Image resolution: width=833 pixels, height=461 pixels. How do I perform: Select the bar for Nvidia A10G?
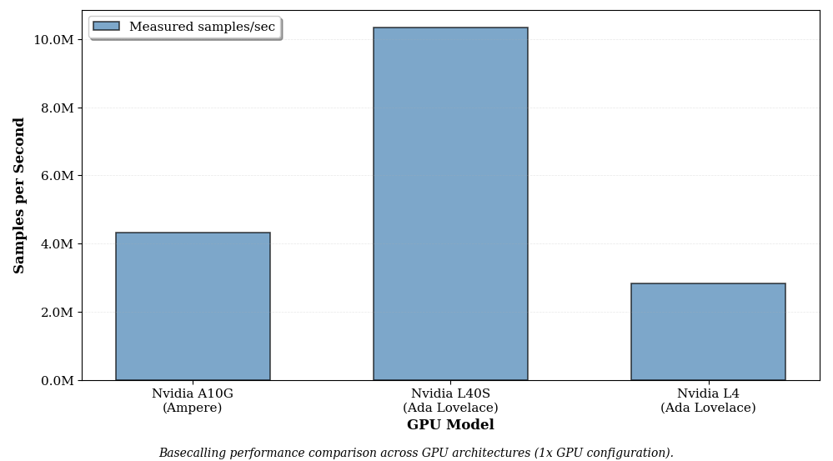[193, 307]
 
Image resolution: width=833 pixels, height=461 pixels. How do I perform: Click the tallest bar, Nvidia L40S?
[450, 204]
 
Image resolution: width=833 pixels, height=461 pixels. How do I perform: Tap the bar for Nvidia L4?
[708, 332]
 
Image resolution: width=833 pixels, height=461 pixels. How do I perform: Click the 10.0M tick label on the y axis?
[53, 40]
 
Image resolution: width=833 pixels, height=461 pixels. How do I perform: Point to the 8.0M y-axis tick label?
[57, 108]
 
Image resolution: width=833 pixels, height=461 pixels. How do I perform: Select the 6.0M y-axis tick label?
[57, 176]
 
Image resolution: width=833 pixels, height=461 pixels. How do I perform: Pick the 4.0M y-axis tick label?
[57, 244]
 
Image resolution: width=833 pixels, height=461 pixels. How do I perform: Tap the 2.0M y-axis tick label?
[57, 313]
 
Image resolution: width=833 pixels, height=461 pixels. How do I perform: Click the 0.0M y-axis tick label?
[57, 381]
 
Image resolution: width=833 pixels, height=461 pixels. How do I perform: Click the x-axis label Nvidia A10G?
[193, 394]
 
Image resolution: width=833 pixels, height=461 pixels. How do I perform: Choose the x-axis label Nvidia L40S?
[450, 394]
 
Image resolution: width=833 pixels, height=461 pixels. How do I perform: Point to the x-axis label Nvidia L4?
[708, 394]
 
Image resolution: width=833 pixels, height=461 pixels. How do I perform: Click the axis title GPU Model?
[450, 425]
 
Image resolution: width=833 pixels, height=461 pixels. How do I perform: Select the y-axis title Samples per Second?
[19, 195]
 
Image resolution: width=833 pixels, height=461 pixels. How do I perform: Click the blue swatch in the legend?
[106, 27]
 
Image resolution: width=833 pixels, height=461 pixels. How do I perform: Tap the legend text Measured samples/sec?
[202, 27]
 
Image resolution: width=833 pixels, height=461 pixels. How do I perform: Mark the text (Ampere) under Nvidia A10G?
[193, 408]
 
